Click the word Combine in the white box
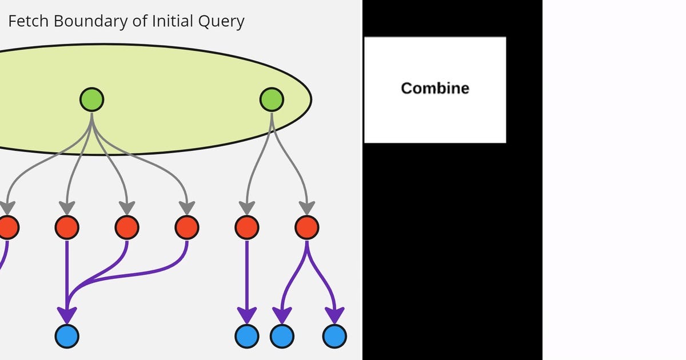tap(435, 88)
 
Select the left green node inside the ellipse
tap(91, 99)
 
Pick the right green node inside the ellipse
tap(272, 99)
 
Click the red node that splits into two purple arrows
tap(307, 227)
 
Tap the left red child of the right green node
tap(247, 227)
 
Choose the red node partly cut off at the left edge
tap(7, 227)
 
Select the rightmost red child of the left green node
tap(187, 227)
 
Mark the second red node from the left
tap(67, 227)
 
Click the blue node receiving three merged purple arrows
tap(67, 336)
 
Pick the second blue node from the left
tap(247, 336)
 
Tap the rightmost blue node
tap(334, 336)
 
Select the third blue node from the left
tap(282, 336)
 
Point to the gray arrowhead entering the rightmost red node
tap(307, 207)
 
